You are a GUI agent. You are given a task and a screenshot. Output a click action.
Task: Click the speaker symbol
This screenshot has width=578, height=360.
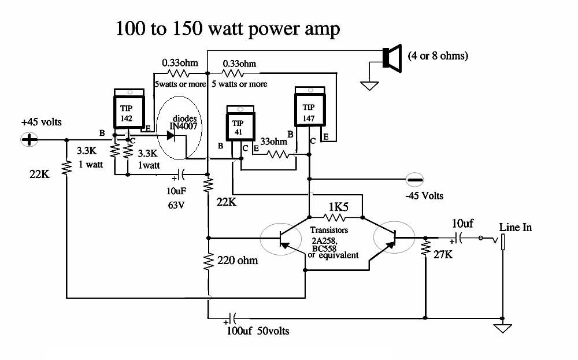392,58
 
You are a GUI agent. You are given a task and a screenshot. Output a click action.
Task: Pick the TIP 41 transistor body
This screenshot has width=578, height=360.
240,123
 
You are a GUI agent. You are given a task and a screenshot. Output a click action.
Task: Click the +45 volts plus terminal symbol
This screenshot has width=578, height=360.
29,140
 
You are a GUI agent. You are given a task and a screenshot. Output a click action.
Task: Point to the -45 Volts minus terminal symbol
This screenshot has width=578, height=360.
414,180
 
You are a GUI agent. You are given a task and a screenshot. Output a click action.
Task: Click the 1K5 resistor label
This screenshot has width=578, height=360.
338,207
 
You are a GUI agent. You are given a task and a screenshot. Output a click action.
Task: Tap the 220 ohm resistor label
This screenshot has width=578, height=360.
238,261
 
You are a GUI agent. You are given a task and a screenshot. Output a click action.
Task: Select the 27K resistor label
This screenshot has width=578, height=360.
443,254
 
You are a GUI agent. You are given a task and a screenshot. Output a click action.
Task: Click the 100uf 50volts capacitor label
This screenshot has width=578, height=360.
258,331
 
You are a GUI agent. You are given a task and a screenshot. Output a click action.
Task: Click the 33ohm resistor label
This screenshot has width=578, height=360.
273,142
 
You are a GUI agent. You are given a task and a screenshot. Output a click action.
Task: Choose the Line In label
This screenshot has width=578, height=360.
516,227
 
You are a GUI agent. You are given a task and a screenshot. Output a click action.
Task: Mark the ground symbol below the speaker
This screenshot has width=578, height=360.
369,86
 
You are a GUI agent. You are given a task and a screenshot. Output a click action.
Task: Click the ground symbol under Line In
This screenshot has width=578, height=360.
502,328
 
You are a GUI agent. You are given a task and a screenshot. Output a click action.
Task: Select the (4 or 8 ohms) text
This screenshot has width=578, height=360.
438,56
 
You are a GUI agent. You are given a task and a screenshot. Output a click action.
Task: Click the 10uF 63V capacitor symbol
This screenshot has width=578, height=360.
181,175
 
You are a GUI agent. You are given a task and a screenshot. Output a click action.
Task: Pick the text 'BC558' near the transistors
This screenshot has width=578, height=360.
324,248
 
